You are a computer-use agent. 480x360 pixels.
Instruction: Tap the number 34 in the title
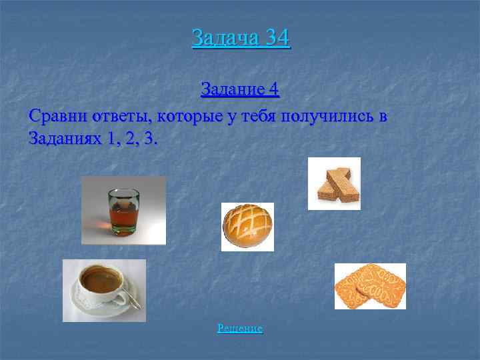(x=277, y=37)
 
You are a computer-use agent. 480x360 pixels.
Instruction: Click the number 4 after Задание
(x=275, y=89)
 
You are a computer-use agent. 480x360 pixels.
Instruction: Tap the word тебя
(x=257, y=116)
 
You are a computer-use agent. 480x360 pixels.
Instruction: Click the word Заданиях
(x=64, y=139)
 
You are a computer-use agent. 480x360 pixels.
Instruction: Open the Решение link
(x=240, y=329)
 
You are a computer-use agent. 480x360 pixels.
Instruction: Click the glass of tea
(x=124, y=212)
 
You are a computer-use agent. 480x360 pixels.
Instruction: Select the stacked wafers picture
(x=335, y=184)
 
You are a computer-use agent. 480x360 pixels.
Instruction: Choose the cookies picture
(x=371, y=287)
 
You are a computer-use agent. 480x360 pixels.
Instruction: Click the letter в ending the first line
(x=383, y=117)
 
